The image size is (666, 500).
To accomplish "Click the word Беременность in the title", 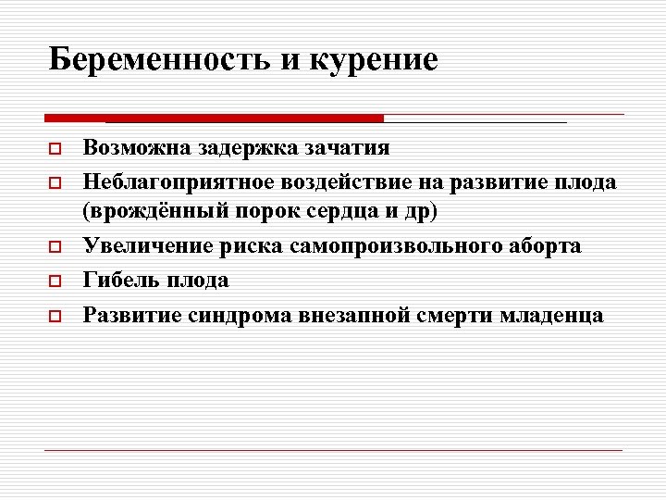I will pyautogui.click(x=157, y=61).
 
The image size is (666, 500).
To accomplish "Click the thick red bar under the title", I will pyautogui.click(x=214, y=119).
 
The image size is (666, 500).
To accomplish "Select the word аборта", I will pyautogui.click(x=547, y=247).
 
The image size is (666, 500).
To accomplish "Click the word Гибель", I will pyautogui.click(x=117, y=281).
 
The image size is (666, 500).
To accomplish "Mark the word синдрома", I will pyautogui.click(x=243, y=315).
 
